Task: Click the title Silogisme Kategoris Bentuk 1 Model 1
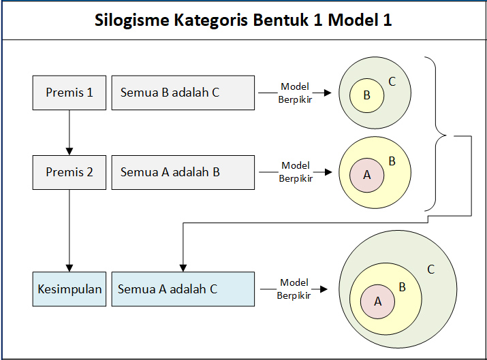243,20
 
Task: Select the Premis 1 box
69,93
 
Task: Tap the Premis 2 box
69,172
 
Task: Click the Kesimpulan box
69,289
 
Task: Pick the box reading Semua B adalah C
183,93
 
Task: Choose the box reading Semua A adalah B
183,172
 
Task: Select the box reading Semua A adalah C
183,289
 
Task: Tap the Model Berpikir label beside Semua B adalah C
295,93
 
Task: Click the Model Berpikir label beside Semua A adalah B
295,172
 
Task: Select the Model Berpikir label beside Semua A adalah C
294,289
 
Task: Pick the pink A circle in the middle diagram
367,175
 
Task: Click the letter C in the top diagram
392,82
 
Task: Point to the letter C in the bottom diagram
430,269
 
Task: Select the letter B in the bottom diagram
402,287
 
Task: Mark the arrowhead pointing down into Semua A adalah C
181,267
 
